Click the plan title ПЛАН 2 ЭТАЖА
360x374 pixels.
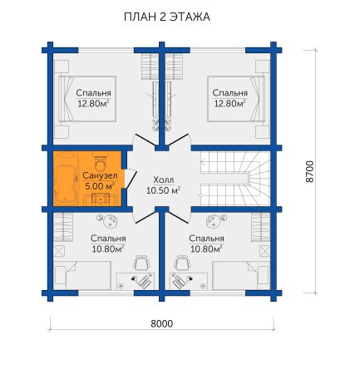[167, 17]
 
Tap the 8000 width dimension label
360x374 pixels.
[161, 323]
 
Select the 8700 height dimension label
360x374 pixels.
[310, 171]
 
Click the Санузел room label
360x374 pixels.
[100, 175]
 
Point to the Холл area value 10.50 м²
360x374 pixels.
[164, 190]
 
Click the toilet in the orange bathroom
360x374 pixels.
[101, 162]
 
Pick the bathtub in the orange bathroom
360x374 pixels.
[66, 179]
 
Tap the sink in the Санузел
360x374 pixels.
[101, 199]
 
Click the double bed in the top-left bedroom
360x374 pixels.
[87, 99]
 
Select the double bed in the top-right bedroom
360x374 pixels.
[236, 99]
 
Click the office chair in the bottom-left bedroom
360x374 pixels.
[142, 263]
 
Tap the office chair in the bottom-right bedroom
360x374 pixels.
[183, 263]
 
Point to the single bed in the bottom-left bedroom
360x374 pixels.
[83, 276]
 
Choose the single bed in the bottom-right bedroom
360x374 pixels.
[241, 276]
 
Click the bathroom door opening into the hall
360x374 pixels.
[130, 179]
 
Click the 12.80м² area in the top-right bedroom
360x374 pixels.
[230, 104]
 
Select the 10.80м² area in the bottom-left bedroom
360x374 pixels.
[108, 249]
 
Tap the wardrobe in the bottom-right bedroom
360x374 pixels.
[261, 227]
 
